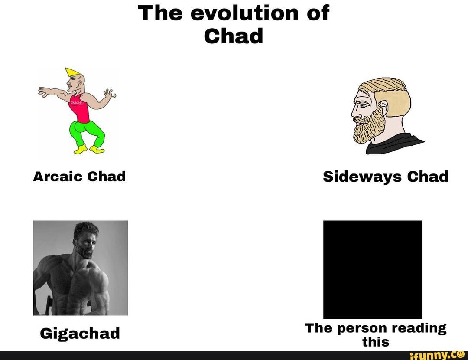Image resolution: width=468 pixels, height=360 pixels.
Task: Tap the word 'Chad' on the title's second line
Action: pos(234,36)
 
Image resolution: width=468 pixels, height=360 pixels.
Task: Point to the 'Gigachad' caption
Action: pos(80,333)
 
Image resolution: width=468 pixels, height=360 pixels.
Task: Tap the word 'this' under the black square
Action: pos(376,342)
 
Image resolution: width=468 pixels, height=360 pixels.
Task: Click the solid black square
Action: pos(372,269)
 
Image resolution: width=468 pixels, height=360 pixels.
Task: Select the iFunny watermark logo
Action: pos(438,355)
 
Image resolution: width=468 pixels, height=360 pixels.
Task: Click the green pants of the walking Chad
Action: pos(86,133)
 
